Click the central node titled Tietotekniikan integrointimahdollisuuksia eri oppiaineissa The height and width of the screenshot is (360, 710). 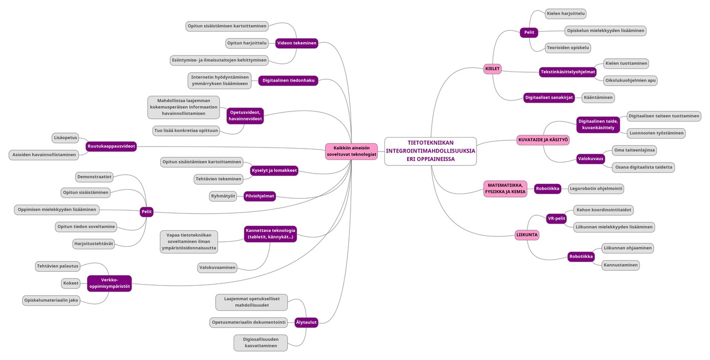[x=430, y=151]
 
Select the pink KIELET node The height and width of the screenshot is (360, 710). [x=492, y=69]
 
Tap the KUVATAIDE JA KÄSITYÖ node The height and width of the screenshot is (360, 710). [x=543, y=140]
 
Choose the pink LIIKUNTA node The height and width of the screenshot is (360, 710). [x=527, y=235]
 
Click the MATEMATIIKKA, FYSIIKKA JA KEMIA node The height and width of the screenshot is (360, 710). [x=505, y=189]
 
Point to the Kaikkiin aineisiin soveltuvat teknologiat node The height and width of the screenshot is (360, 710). [x=352, y=151]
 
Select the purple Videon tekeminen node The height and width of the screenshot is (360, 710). [x=297, y=43]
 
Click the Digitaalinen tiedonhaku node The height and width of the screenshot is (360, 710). [x=288, y=80]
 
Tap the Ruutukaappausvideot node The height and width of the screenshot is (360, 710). [x=111, y=146]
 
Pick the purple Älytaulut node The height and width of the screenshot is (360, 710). [x=306, y=322]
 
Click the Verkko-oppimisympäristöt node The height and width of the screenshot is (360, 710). [x=109, y=283]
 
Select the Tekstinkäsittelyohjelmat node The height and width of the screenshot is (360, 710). [x=567, y=72]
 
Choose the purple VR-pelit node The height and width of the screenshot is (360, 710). [x=556, y=219]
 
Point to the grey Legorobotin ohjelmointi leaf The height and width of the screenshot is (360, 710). [x=596, y=189]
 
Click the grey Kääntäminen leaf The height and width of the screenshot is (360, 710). [x=598, y=98]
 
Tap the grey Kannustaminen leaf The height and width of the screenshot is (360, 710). [x=621, y=265]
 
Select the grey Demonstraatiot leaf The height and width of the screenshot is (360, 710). [x=94, y=177]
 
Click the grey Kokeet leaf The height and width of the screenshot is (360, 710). [x=70, y=283]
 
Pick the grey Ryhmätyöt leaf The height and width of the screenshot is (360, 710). [x=223, y=196]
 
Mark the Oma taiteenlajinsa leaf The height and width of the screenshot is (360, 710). [x=634, y=150]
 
